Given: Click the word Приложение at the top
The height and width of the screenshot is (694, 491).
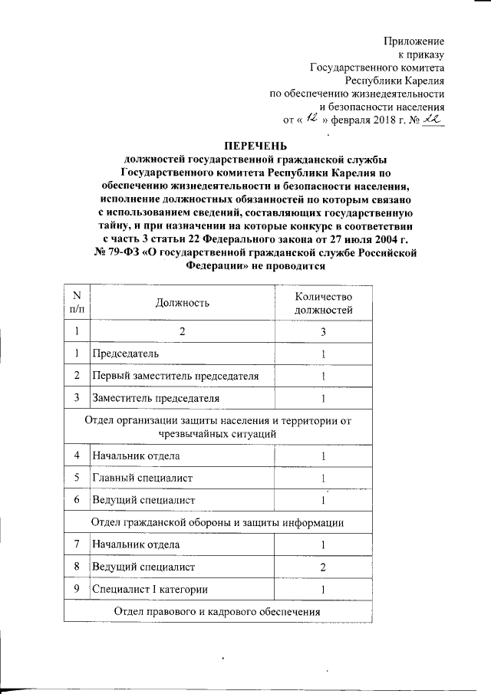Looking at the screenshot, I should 415,39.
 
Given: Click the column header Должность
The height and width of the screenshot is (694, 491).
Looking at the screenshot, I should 182,303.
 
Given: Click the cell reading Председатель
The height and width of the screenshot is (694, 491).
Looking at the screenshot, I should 126,354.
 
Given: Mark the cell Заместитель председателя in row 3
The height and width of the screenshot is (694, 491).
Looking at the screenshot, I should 156,398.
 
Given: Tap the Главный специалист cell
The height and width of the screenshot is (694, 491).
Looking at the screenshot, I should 142,478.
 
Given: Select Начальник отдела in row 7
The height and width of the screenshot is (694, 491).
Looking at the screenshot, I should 137,544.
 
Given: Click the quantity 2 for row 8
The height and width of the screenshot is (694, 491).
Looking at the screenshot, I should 324,567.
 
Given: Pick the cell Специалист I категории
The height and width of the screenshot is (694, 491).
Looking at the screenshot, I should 149,589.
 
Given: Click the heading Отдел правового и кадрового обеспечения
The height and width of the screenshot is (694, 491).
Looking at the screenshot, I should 217,611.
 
